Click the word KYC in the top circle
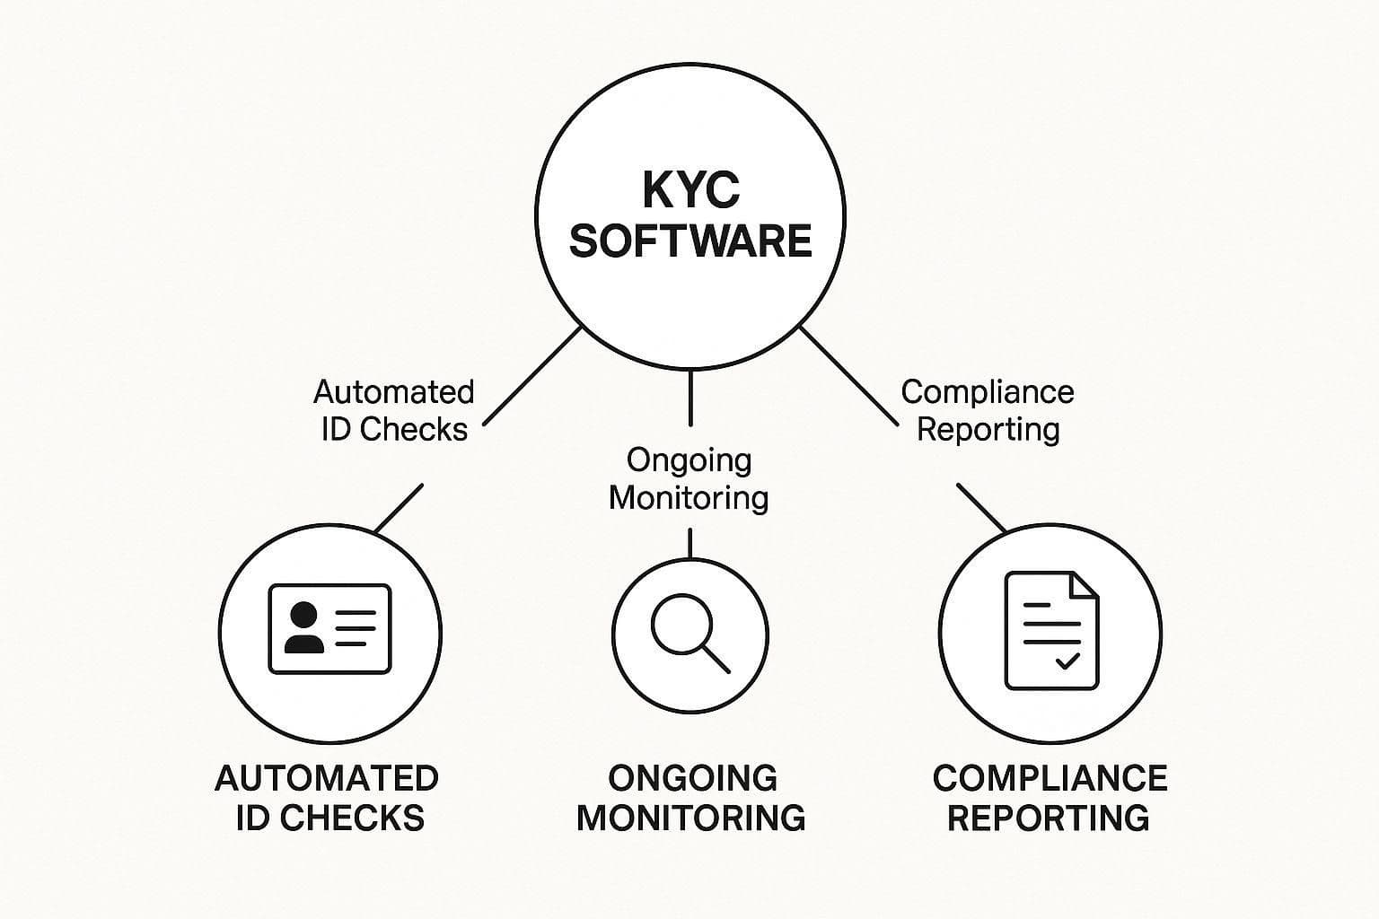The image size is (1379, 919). pos(690,189)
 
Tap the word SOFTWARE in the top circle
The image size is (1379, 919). pos(690,241)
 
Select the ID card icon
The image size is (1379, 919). pos(329,629)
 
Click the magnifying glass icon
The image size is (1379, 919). pos(689,632)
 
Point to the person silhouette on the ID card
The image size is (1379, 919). pos(303,627)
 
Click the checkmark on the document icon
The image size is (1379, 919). pos(1067,662)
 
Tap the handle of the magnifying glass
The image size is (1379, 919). pos(716,659)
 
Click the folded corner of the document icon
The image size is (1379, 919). pos(1084,584)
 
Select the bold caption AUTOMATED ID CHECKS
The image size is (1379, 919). pos(328,797)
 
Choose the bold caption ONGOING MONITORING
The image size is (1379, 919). pos(690,797)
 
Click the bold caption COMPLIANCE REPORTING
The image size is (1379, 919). pos(1050,797)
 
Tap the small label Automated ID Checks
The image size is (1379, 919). pos(394,410)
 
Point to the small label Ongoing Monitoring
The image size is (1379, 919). pos(689,478)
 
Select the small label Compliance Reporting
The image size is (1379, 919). pos(988,410)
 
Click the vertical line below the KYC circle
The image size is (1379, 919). pos(689,398)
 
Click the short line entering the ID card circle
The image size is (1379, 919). pos(399,509)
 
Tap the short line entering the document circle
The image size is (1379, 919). pos(981,508)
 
